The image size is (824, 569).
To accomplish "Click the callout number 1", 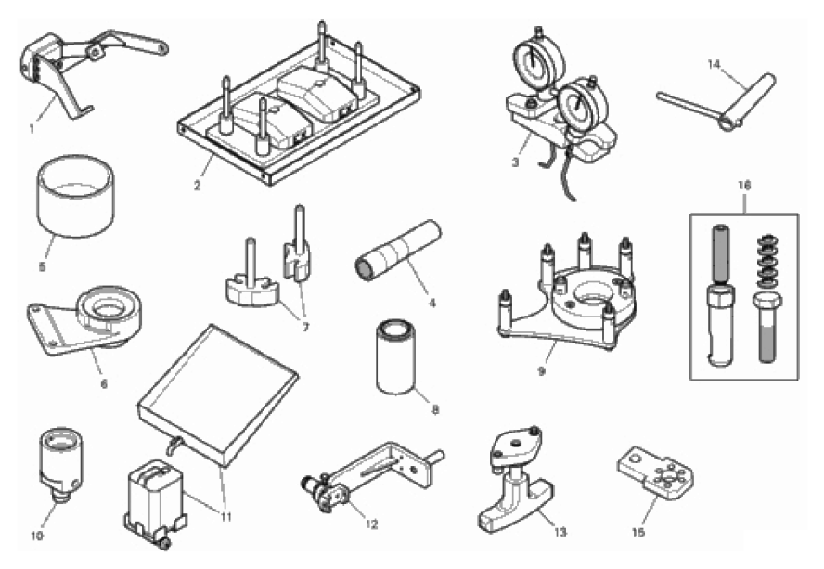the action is [32, 128].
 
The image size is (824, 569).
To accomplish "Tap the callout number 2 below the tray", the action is [197, 185].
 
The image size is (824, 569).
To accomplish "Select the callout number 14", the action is [714, 65].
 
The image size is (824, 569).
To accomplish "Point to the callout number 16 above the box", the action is [743, 185].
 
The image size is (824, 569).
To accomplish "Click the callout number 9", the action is [541, 370].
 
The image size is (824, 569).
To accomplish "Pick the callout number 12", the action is [371, 524].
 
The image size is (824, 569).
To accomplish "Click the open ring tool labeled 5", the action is [75, 195].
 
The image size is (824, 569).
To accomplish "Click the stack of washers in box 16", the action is [765, 259].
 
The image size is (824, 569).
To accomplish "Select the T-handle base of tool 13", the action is [516, 506].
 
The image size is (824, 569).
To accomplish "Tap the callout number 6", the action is [104, 384].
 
